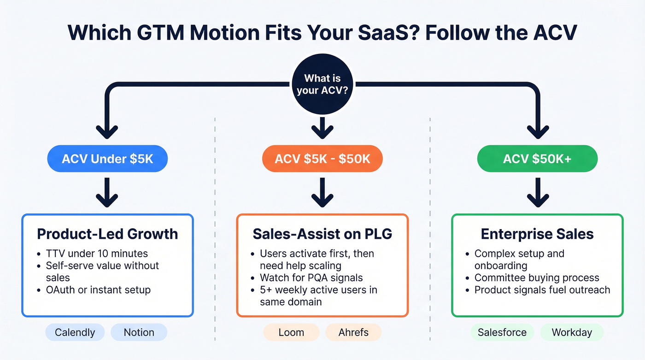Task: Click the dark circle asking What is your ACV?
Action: point(322,85)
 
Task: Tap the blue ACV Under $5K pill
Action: point(107,159)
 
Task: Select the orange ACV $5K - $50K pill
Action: point(322,159)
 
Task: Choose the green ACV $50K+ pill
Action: point(537,159)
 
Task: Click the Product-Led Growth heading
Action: point(107,234)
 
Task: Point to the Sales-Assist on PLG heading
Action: point(322,234)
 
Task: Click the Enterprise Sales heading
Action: point(537,234)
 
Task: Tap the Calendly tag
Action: point(75,332)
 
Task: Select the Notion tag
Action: point(139,332)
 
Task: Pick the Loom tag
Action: point(291,332)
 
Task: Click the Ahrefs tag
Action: point(353,332)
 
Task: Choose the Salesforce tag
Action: point(502,332)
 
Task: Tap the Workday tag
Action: point(571,332)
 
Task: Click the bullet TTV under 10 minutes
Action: point(96,254)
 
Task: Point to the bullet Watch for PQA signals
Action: point(311,277)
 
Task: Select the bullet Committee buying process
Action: point(537,277)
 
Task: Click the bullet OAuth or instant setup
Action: point(98,289)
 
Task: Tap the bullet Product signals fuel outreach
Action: point(542,289)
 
